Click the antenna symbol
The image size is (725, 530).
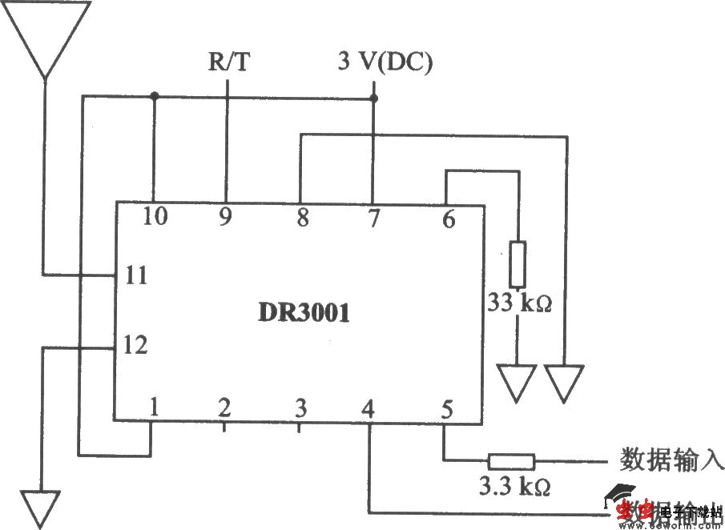click(45, 36)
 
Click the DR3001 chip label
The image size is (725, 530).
click(304, 313)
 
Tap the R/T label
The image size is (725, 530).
click(229, 63)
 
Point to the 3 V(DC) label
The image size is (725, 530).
click(385, 62)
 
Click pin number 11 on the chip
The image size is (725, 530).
click(136, 276)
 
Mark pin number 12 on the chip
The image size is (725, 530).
click(136, 347)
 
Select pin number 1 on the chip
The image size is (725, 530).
click(153, 408)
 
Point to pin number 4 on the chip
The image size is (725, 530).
click(369, 409)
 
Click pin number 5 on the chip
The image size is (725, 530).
click(446, 409)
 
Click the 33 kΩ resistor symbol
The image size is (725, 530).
click(518, 263)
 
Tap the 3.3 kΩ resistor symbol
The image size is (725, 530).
click(512, 461)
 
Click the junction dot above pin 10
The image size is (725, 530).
click(154, 97)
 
